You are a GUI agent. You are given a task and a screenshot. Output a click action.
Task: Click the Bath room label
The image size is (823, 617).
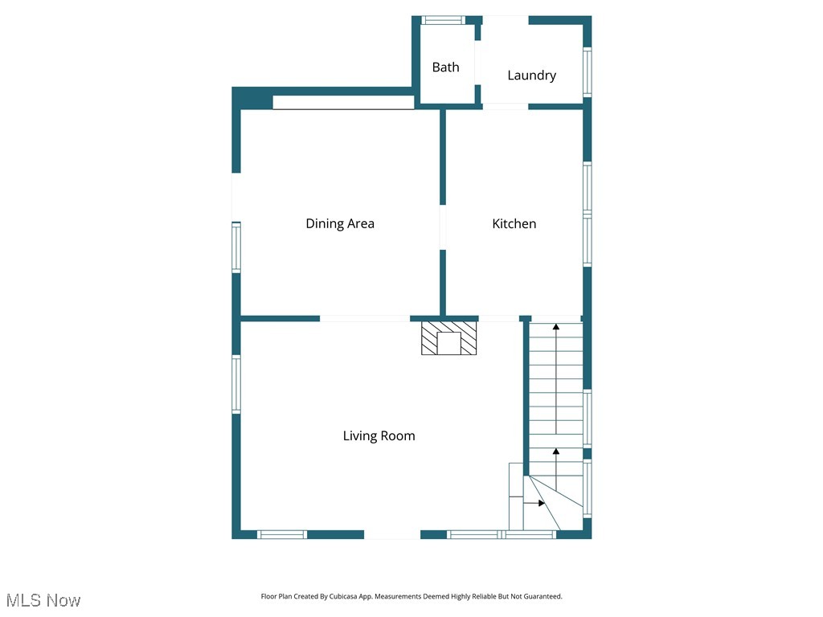(x=445, y=67)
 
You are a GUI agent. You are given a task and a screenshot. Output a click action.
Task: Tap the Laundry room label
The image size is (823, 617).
(x=531, y=76)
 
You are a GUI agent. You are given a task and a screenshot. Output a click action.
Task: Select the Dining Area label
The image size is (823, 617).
(x=340, y=224)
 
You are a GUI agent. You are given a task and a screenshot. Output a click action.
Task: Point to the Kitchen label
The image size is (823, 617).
(x=514, y=224)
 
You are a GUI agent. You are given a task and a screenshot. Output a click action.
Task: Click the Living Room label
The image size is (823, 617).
(x=379, y=436)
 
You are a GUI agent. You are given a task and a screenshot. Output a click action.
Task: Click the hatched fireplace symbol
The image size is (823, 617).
(x=449, y=338)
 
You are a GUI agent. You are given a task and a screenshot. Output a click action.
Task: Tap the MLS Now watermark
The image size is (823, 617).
(x=44, y=600)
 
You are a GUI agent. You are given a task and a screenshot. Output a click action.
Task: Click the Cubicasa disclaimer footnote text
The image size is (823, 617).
(x=411, y=597)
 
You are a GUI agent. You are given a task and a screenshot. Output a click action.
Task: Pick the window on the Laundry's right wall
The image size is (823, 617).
(x=588, y=73)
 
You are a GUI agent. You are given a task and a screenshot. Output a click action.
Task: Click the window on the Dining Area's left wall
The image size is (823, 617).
(x=236, y=247)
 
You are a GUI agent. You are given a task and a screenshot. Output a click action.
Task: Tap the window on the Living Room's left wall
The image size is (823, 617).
(x=236, y=384)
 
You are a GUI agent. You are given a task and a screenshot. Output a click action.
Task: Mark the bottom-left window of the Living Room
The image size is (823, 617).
(x=282, y=534)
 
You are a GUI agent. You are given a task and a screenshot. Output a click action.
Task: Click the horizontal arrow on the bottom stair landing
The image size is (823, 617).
(x=534, y=503)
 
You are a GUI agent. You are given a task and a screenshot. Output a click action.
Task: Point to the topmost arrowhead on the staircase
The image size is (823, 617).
(x=555, y=326)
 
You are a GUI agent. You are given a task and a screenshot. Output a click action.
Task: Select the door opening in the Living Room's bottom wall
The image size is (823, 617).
(x=392, y=534)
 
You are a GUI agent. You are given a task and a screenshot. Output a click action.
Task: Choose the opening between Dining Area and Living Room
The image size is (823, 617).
(x=366, y=319)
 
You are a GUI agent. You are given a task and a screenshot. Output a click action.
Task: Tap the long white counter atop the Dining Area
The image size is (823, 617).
(x=343, y=102)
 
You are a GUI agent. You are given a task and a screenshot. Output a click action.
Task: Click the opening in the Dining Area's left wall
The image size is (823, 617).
(x=236, y=198)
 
